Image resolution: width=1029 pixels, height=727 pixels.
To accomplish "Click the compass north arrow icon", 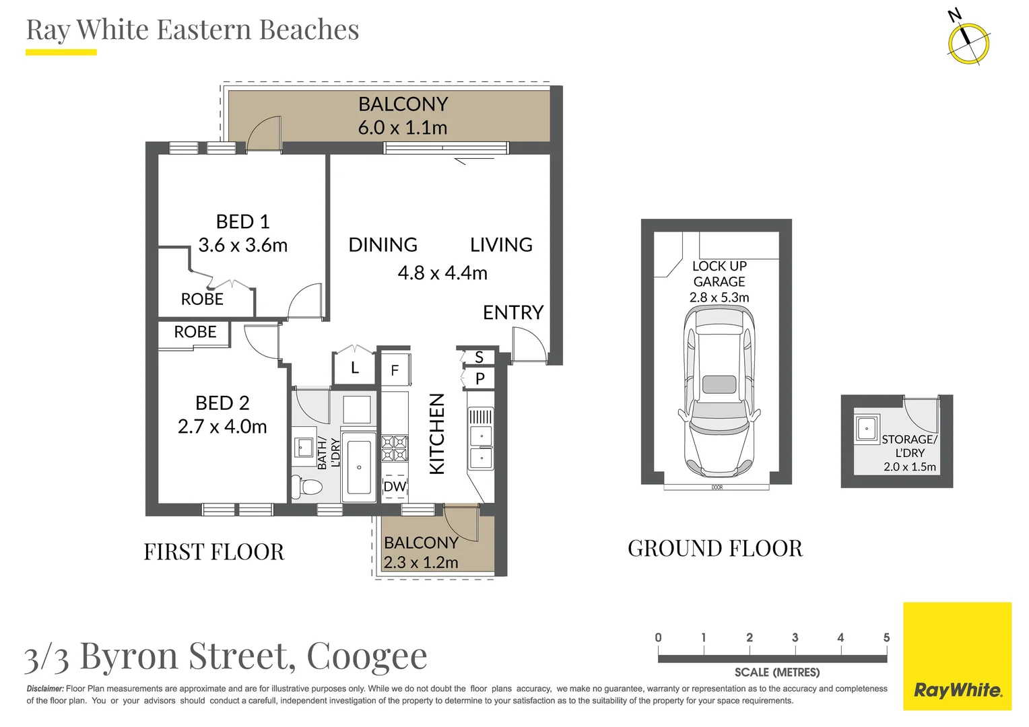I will pyautogui.click(x=968, y=42).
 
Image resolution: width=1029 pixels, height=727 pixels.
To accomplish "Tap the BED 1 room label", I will pyautogui.click(x=242, y=221).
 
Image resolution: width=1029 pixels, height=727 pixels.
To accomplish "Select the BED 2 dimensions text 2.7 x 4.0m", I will pyautogui.click(x=222, y=427).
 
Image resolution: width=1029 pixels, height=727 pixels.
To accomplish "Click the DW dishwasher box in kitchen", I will pyautogui.click(x=395, y=486).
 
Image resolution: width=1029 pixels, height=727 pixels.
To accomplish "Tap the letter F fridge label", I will pyautogui.click(x=395, y=370).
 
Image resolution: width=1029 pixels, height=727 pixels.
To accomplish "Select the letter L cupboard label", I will pyautogui.click(x=354, y=368).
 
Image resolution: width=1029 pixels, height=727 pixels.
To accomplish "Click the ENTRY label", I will pyautogui.click(x=512, y=312).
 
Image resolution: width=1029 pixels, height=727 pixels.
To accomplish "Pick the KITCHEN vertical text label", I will pyautogui.click(x=437, y=434).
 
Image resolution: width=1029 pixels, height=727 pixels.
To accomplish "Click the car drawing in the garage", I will pyautogui.click(x=719, y=390).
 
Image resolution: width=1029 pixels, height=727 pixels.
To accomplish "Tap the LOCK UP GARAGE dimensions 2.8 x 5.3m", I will pyautogui.click(x=719, y=298).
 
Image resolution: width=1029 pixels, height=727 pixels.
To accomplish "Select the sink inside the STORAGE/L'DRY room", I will pyautogui.click(x=867, y=428).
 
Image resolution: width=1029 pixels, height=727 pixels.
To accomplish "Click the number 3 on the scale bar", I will pyautogui.click(x=795, y=637).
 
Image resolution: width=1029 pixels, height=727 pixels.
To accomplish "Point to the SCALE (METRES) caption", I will pyautogui.click(x=776, y=672).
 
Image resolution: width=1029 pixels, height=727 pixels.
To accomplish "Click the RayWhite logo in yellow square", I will pyautogui.click(x=957, y=690).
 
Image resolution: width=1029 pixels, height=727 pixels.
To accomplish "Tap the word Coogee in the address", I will pyautogui.click(x=367, y=656).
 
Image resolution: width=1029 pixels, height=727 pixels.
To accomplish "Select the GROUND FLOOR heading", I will pyautogui.click(x=715, y=549).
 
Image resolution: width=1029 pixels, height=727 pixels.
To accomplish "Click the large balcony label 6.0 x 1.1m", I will pyautogui.click(x=403, y=127).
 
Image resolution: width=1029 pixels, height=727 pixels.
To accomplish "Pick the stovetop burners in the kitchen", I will pyautogui.click(x=395, y=448).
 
